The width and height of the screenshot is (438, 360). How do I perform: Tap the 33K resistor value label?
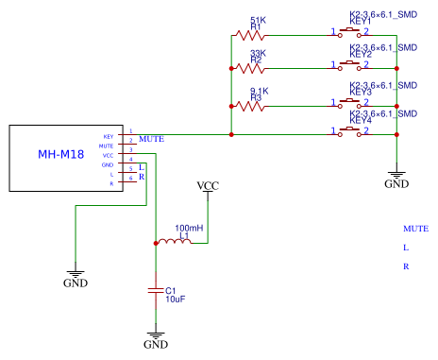tap(258, 53)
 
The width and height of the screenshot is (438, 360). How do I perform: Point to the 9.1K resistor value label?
tap(259, 91)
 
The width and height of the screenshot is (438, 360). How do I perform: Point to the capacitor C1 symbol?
tap(156, 291)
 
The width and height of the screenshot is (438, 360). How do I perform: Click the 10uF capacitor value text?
tap(175, 300)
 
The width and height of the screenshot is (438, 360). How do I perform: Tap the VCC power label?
tap(208, 185)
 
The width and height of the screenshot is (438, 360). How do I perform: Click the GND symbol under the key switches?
tap(397, 176)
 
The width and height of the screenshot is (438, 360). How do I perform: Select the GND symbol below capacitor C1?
tap(156, 338)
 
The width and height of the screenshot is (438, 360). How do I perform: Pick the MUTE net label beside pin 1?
tap(151, 139)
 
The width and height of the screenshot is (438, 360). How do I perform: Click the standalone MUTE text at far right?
tap(415, 229)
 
